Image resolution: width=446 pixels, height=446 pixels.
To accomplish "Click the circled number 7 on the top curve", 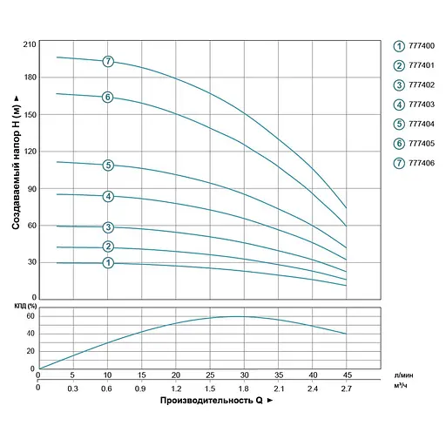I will [108, 62].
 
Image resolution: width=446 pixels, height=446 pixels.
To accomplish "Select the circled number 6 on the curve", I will [108, 97].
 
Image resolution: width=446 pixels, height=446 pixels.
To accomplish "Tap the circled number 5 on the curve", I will [108, 165].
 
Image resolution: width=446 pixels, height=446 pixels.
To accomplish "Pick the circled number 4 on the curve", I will [108, 196].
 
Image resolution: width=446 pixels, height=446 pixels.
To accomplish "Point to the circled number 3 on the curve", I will [108, 228].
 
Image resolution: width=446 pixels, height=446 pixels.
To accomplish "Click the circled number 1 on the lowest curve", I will [108, 263].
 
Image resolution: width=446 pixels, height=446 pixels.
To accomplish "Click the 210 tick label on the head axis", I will [29, 44].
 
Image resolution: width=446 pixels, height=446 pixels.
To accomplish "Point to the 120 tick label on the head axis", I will [29, 152].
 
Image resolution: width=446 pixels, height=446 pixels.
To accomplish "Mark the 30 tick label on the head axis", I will [30, 262].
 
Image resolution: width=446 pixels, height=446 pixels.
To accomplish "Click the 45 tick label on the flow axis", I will [347, 375].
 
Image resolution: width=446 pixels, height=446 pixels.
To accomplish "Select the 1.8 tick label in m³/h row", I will [244, 389].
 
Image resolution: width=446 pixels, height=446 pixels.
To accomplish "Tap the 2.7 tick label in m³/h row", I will [347, 389].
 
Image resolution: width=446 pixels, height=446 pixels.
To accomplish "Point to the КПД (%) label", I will [25, 306].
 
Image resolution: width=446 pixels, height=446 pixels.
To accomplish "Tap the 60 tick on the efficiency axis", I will [30, 317].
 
